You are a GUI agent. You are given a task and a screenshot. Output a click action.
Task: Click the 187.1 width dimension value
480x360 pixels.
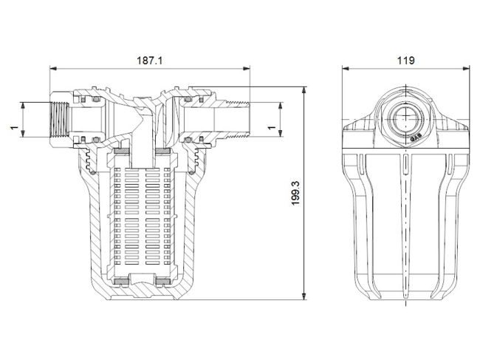pos(150,61)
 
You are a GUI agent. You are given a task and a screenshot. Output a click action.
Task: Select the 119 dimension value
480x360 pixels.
pos(405,61)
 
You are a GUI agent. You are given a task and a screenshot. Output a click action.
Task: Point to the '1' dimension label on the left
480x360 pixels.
pos(13,128)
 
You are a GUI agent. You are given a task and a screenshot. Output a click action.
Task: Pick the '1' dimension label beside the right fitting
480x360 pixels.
pos(271,128)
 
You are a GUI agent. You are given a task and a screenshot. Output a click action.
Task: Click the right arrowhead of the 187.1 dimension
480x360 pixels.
pos(248,69)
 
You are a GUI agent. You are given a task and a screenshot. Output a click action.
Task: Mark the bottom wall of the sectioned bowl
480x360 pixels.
pos(140,294)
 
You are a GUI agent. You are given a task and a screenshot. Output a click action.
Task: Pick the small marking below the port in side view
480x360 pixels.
pos(414,136)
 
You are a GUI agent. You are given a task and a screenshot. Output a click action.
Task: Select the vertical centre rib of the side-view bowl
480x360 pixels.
pos(405,222)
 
